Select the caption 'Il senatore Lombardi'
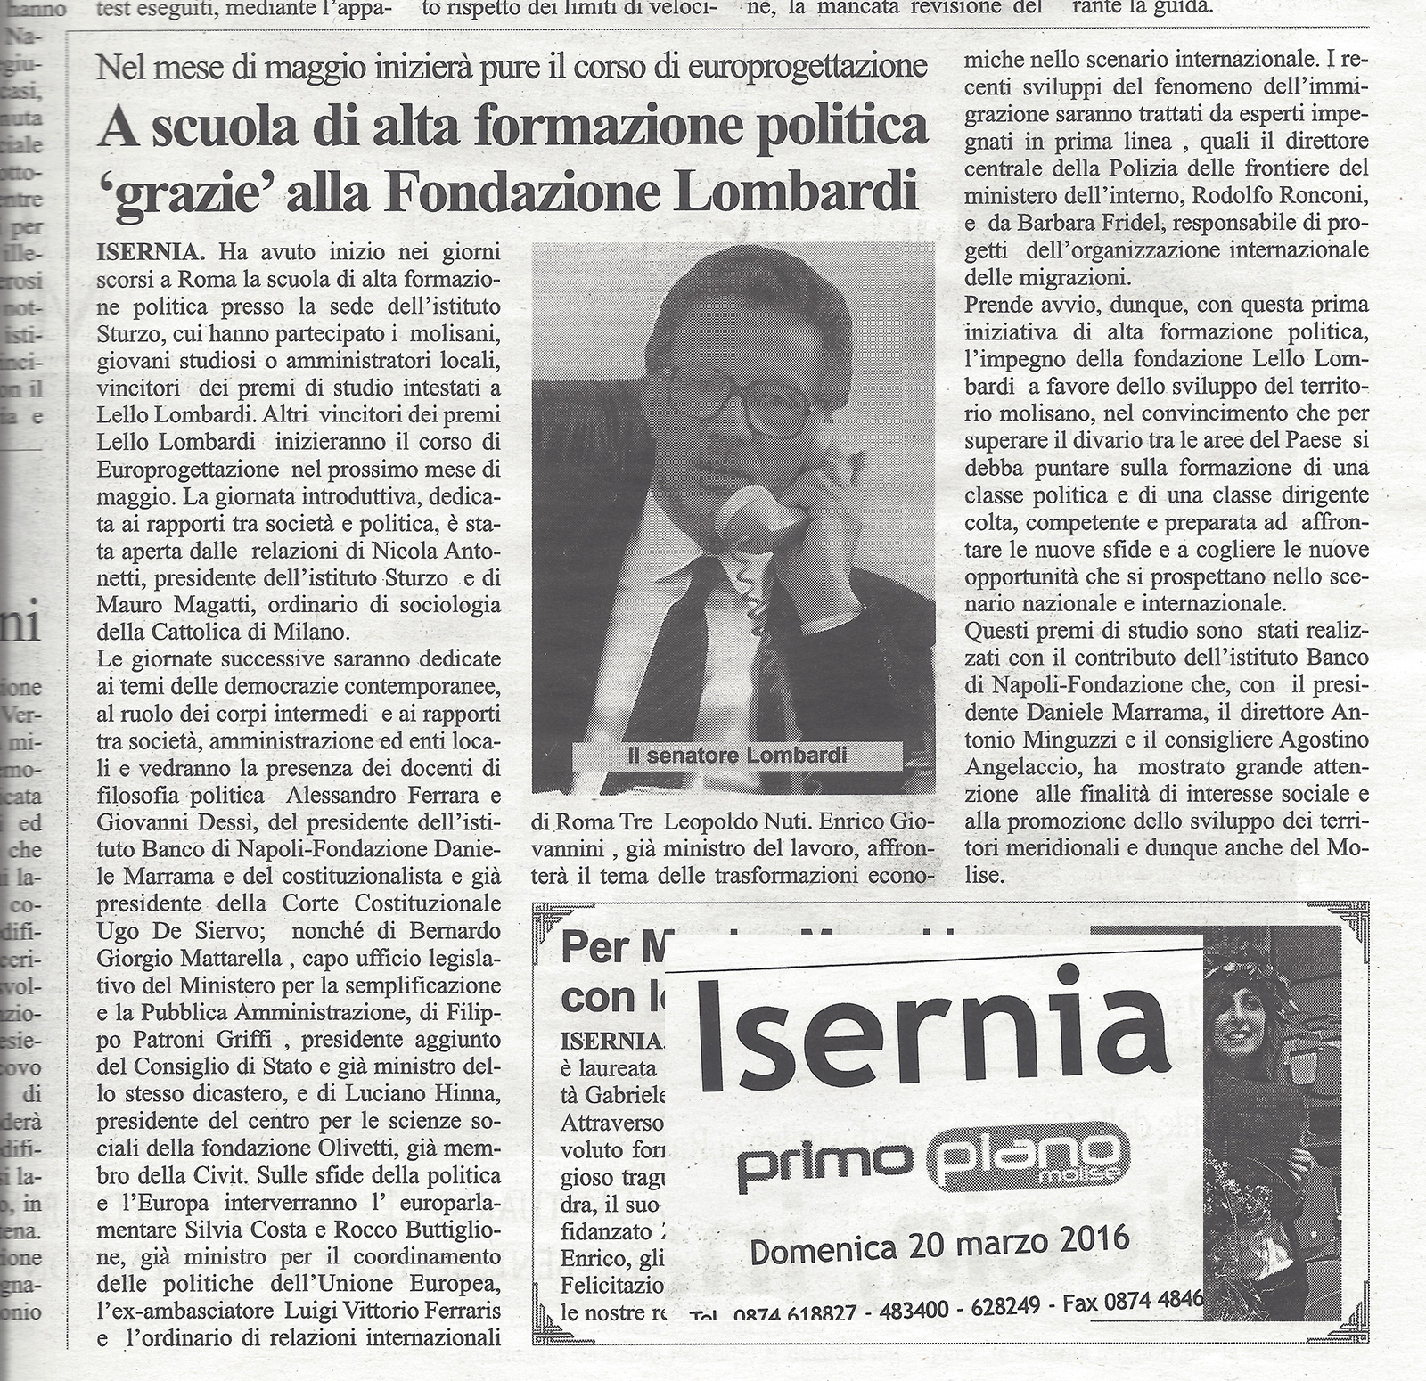point(735,756)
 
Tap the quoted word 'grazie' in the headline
point(177,192)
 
